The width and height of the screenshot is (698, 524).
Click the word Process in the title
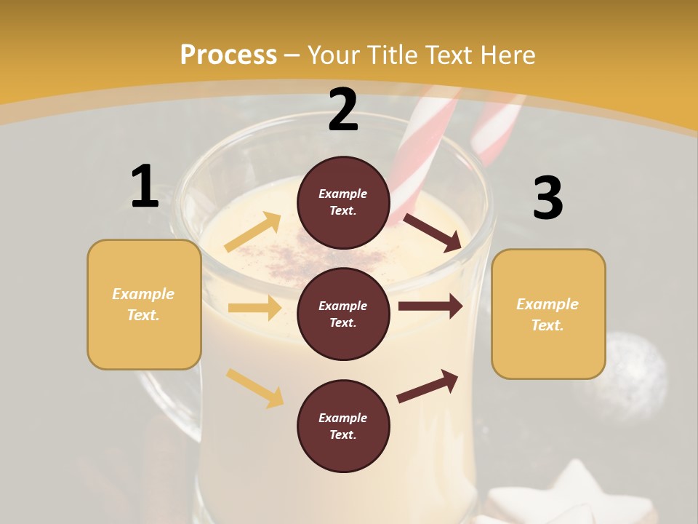228,55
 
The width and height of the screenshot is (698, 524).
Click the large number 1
145,186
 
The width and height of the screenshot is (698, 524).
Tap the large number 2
343,110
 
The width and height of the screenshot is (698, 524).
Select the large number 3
547,198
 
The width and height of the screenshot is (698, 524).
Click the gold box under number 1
144,304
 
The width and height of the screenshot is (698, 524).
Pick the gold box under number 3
548,314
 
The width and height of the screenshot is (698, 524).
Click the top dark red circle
343,202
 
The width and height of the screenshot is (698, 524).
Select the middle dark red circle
343,314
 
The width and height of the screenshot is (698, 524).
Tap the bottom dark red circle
343,426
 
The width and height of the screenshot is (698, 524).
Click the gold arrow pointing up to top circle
253,232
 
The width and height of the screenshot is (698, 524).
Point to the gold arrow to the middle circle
254,308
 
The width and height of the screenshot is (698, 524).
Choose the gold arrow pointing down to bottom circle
255,388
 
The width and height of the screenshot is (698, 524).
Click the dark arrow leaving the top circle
433,232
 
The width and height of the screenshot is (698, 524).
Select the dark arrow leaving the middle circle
430,306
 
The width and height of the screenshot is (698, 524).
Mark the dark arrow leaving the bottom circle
428,386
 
